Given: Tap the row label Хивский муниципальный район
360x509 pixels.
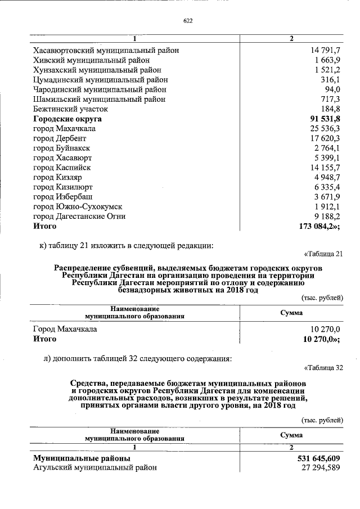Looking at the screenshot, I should (x=91, y=60).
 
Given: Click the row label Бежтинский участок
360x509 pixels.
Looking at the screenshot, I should (x=70, y=109).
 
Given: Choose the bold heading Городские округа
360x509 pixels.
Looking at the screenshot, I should (x=70, y=119).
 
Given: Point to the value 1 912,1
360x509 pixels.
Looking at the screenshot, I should (x=328, y=206).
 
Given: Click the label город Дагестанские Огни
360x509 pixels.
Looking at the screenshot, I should (x=79, y=216).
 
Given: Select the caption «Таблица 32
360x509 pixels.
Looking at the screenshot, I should (x=323, y=368).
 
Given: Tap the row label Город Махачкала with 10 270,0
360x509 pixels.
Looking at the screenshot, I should (x=65, y=329).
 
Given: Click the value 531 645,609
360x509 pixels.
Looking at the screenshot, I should (x=318, y=458).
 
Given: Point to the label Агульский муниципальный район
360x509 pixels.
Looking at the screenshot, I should (x=94, y=468).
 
